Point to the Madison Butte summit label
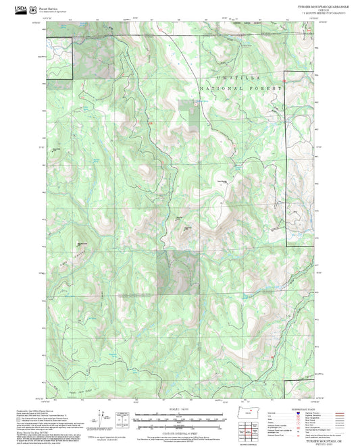tap(82, 243)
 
